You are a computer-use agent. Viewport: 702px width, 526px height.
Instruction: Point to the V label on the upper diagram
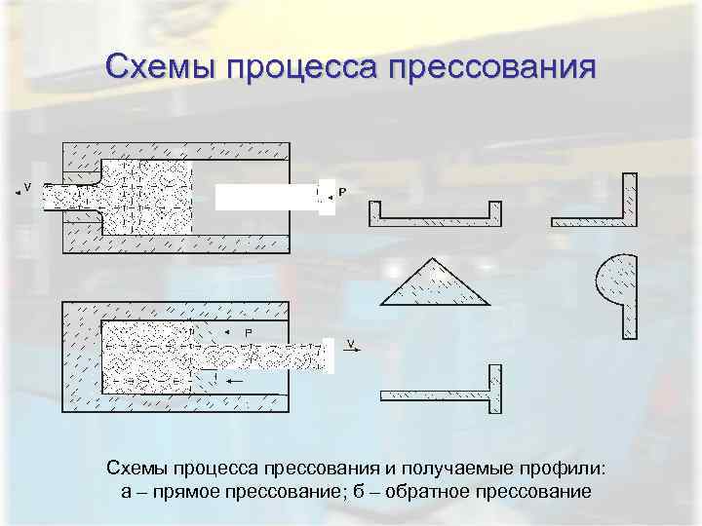[x=27, y=187]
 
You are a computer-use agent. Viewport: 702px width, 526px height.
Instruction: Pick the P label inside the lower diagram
[x=249, y=333]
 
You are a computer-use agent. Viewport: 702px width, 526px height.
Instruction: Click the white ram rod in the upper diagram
[x=265, y=197]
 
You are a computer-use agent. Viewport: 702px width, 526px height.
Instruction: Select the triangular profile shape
[x=433, y=284]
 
